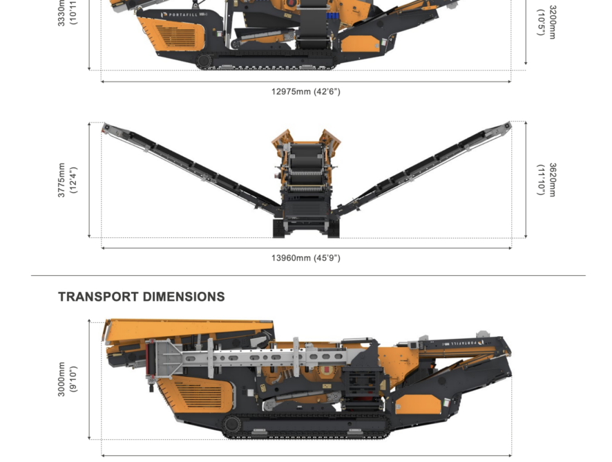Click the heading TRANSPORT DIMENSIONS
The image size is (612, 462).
tap(142, 297)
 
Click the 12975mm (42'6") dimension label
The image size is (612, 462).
tap(305, 91)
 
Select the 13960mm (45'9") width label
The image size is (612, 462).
tap(305, 258)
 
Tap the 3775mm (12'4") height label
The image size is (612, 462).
tap(67, 181)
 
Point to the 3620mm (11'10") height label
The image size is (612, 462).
tap(546, 180)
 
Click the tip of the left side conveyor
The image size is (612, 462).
tap(106, 128)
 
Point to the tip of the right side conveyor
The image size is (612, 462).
tap(507, 127)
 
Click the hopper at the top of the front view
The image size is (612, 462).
tap(305, 138)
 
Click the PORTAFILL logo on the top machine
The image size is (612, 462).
tap(182, 15)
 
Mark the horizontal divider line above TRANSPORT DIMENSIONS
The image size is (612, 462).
tap(308, 276)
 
